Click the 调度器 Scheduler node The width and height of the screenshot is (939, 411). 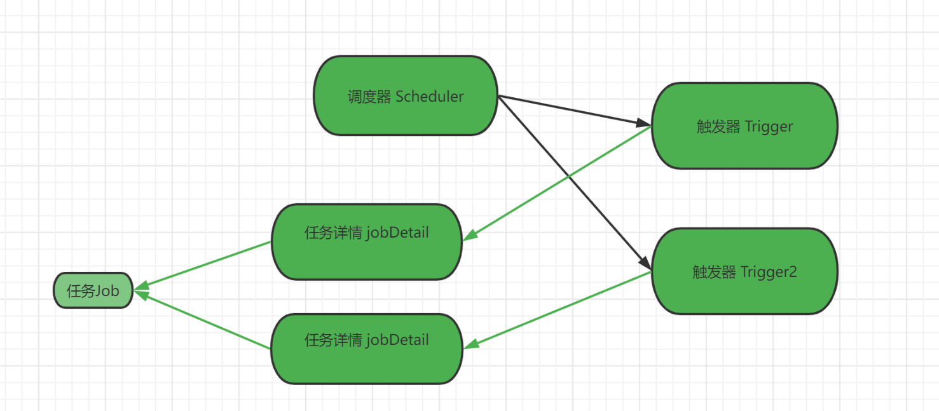point(405,96)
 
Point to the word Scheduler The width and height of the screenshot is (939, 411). point(430,97)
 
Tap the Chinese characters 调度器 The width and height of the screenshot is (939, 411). point(369,97)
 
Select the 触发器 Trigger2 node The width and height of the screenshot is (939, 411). point(744,271)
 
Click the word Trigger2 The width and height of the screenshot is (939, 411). point(769,272)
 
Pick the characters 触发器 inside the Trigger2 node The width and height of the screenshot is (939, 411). point(714,272)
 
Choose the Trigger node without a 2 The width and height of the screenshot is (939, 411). point(744,126)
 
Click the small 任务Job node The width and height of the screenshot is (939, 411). point(93,291)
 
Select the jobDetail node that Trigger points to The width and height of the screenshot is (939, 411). point(367,241)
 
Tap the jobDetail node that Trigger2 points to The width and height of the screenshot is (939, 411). point(367,349)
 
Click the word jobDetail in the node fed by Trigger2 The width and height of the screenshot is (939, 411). point(398,340)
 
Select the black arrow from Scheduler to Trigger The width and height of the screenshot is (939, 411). point(572,110)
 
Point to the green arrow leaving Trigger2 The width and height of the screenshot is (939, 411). point(559,309)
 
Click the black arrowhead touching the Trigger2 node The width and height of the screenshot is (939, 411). point(644,262)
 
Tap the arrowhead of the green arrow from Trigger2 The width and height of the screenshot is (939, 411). point(471,344)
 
